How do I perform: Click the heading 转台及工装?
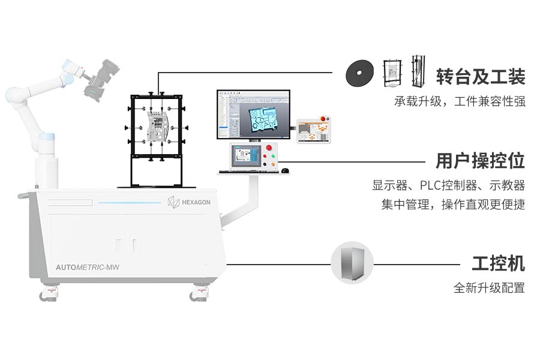[481, 77]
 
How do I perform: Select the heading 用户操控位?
[481, 161]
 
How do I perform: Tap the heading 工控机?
[498, 263]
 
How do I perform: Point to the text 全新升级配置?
[489, 288]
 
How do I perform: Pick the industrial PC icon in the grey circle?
[352, 263]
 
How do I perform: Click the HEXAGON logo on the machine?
[189, 202]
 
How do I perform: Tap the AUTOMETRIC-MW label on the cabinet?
[88, 267]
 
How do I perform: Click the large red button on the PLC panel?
[269, 149]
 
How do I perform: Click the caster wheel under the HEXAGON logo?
[196, 295]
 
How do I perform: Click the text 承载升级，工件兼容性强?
[460, 101]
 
